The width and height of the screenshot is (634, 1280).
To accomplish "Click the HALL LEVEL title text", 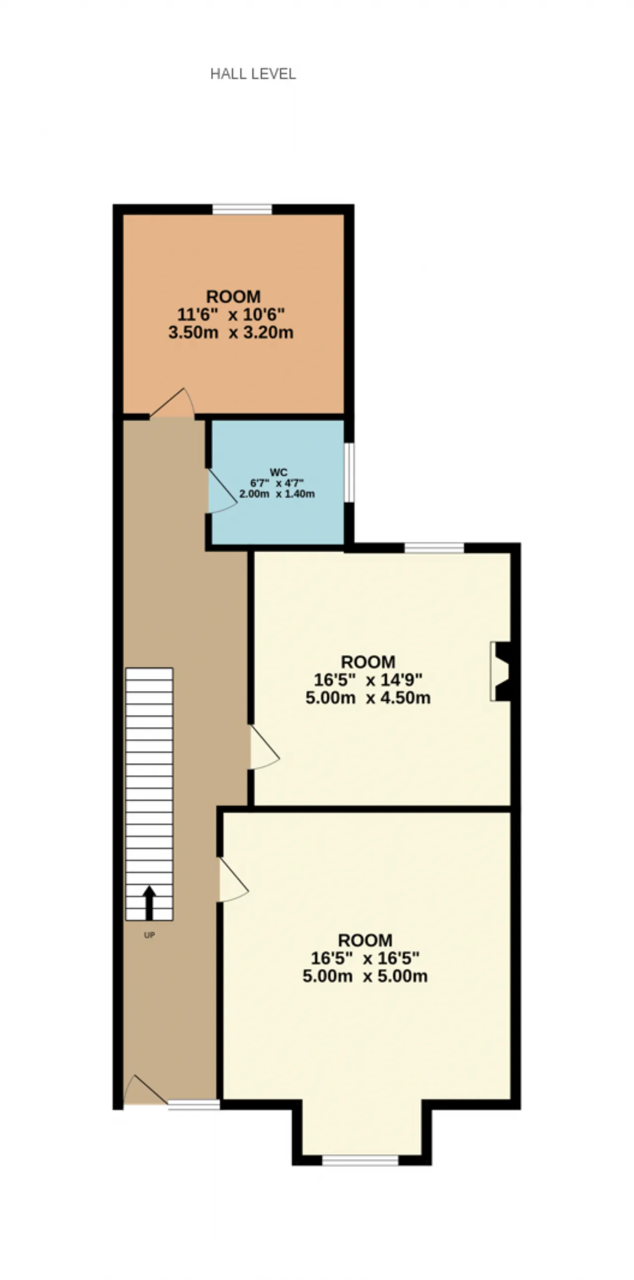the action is point(253,74).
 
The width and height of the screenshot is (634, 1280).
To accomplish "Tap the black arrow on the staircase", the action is point(149,903).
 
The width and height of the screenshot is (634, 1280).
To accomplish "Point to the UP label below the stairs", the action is point(149,935).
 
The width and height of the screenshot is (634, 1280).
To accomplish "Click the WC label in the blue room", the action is point(278,472).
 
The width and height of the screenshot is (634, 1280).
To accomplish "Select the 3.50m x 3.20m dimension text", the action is point(231,332).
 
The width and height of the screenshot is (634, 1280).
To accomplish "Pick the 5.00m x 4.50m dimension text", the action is point(368,697).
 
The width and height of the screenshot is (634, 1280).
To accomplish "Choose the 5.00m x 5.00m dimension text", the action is point(365,976).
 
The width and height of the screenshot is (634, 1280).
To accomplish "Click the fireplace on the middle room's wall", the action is point(500,671).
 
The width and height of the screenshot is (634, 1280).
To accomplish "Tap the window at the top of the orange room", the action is point(243,209).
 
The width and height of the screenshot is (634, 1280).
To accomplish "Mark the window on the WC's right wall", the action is point(349,473).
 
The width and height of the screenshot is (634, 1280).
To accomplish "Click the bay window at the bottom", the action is point(360,1160).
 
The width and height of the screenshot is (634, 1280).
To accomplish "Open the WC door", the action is point(222,491).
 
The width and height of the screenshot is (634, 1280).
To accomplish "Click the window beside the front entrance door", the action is point(194,1105).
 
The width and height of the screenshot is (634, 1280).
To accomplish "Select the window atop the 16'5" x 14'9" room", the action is point(434,548).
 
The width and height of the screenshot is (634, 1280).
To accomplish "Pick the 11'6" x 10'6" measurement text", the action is point(231,315).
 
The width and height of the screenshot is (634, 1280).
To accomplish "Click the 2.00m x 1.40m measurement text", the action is point(277,494).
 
